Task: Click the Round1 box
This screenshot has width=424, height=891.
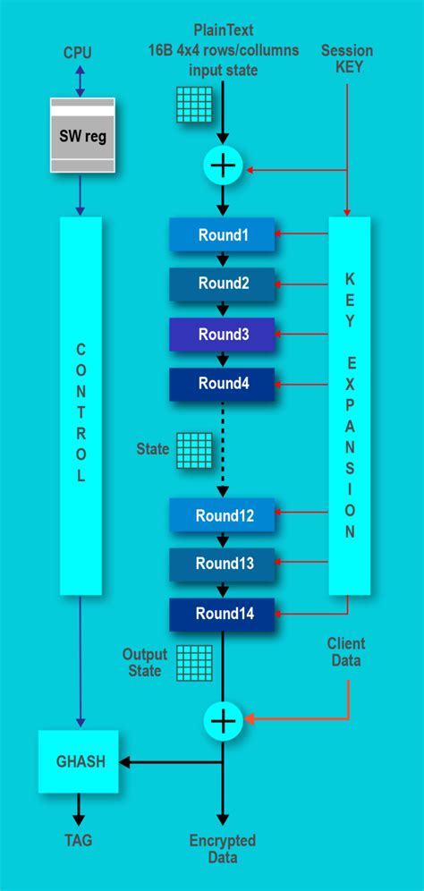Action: point(222,235)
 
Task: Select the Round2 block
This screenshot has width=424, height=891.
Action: point(222,284)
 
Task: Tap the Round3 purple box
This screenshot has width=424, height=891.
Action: point(222,335)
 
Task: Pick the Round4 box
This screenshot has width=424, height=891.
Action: point(222,384)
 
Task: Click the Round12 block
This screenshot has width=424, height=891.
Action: point(222,515)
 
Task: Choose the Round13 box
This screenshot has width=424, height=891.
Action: point(222,564)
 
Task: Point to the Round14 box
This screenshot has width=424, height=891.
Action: point(222,614)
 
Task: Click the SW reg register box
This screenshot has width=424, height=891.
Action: point(81,136)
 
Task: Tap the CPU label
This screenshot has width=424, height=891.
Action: point(78,53)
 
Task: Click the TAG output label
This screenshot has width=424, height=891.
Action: point(78,840)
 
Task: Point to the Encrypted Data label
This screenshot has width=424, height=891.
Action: point(223,849)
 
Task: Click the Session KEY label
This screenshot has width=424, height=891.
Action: point(348,59)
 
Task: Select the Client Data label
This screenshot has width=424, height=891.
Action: point(346,652)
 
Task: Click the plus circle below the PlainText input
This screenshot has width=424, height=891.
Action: point(223,166)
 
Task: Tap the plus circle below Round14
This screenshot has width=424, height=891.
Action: point(223,720)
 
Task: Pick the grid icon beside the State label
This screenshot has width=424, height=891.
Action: point(193,450)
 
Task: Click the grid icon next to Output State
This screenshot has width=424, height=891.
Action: point(193,662)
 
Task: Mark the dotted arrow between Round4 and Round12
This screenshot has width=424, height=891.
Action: point(223,447)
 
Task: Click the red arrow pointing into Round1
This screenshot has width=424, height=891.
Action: point(302,235)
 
